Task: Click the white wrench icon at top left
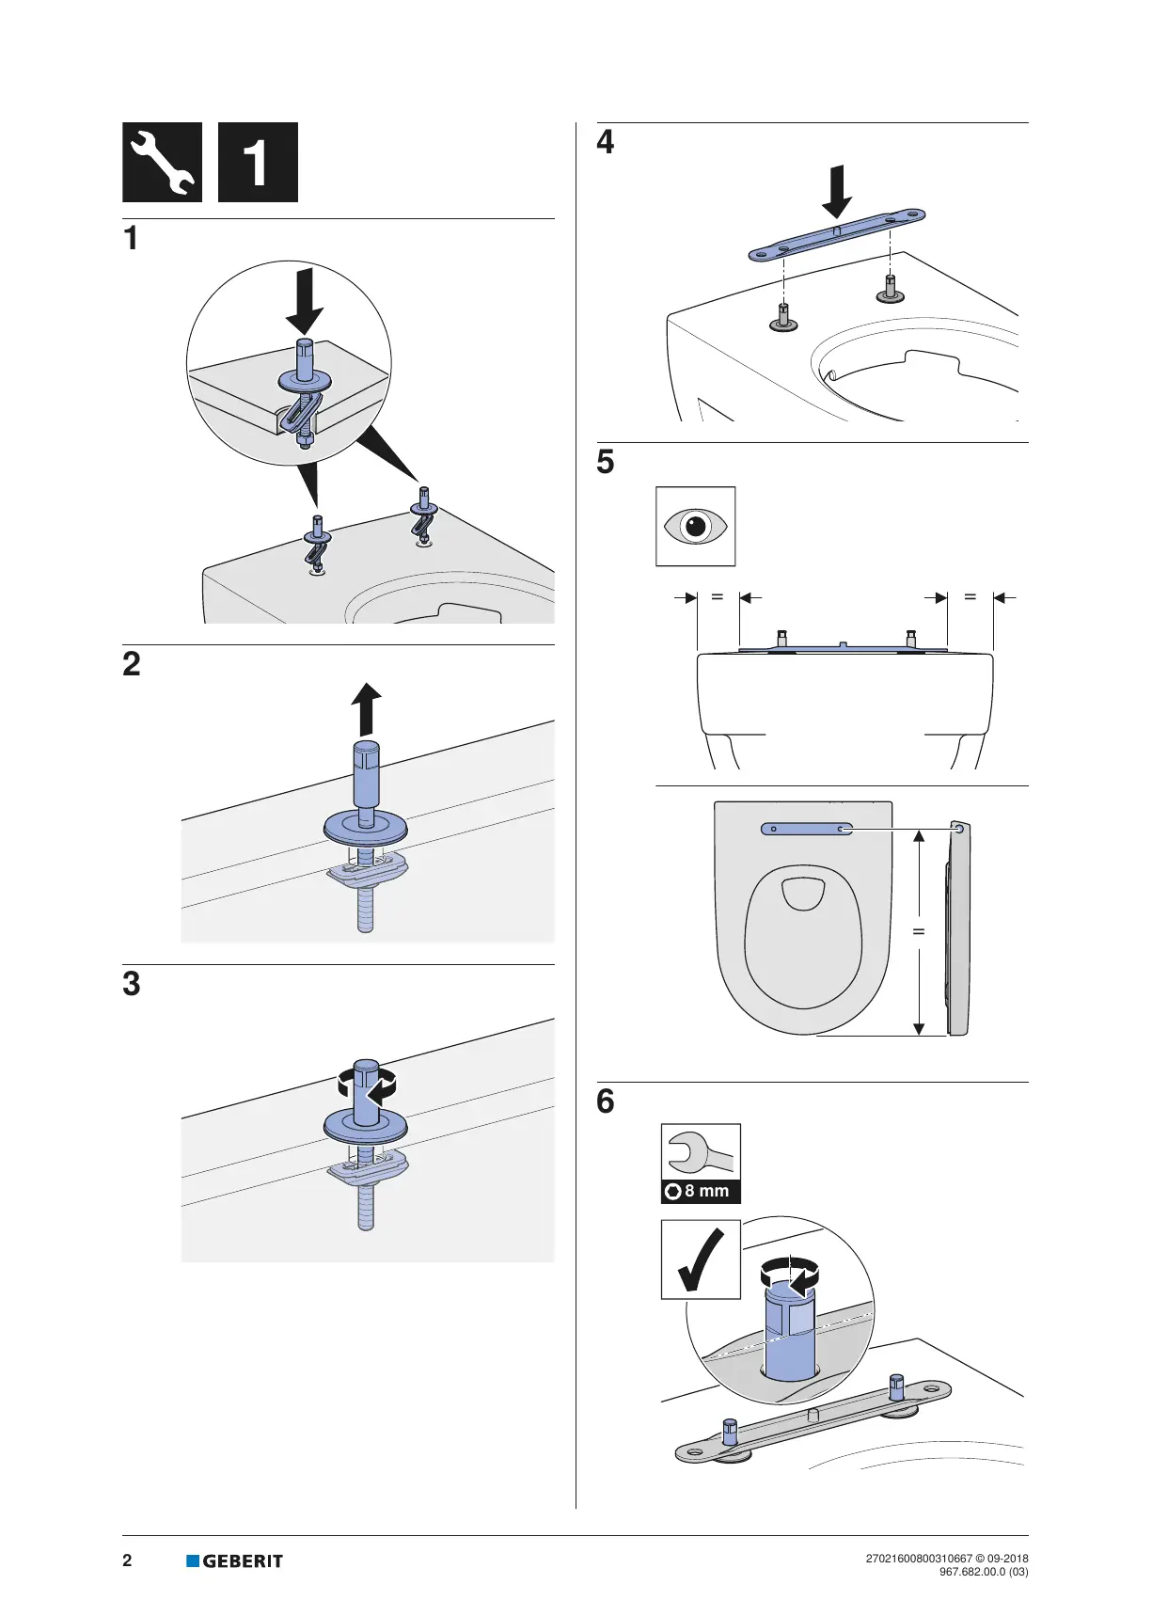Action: [162, 162]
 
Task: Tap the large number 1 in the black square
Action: [257, 163]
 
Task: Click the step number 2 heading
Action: [132, 664]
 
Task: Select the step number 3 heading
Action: [132, 984]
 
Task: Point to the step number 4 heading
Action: [606, 142]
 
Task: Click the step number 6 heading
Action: [606, 1101]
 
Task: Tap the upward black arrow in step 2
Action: [366, 708]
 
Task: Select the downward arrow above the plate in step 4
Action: [836, 191]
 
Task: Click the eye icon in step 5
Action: [695, 526]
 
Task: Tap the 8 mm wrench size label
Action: [702, 1191]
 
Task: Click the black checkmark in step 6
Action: [701, 1260]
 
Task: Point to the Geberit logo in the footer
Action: [235, 1561]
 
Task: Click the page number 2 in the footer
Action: [128, 1561]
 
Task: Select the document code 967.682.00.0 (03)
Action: [983, 1572]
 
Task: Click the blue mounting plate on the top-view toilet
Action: [807, 829]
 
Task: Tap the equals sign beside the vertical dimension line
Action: [919, 931]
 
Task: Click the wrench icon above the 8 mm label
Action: [700, 1150]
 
